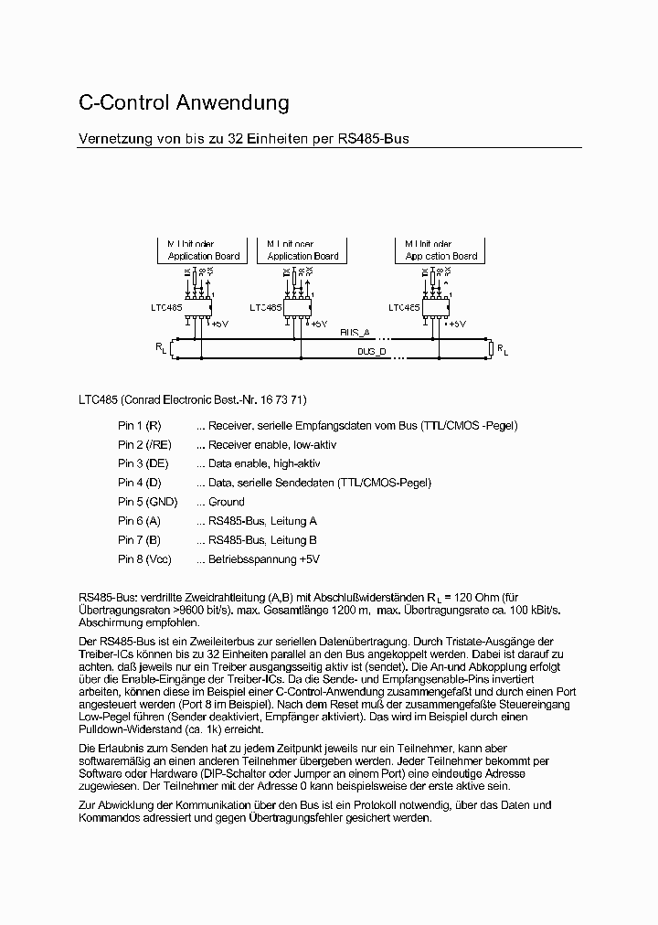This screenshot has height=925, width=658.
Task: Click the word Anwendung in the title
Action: [x=230, y=102]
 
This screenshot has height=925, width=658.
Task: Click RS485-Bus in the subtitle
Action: [x=374, y=139]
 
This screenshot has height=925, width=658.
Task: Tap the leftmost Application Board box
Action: [x=203, y=250]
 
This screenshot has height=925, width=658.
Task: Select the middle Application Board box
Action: [x=302, y=250]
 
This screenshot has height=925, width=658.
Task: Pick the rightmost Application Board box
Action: [x=440, y=250]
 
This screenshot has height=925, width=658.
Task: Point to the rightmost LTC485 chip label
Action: [x=404, y=308]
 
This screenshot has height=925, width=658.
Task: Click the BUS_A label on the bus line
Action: [x=355, y=333]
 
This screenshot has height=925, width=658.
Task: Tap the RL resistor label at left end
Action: [x=161, y=349]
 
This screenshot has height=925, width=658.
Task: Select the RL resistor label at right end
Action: [x=504, y=349]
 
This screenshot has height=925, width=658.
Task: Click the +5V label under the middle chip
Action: [x=318, y=324]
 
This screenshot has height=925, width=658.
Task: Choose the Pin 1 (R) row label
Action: [x=140, y=426]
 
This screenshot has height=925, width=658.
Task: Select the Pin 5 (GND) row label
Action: [x=147, y=502]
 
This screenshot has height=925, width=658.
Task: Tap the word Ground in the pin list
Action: [x=226, y=502]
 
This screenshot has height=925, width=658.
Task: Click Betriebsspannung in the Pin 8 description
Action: [x=252, y=559]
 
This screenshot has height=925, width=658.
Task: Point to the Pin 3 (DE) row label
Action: [x=143, y=463]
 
